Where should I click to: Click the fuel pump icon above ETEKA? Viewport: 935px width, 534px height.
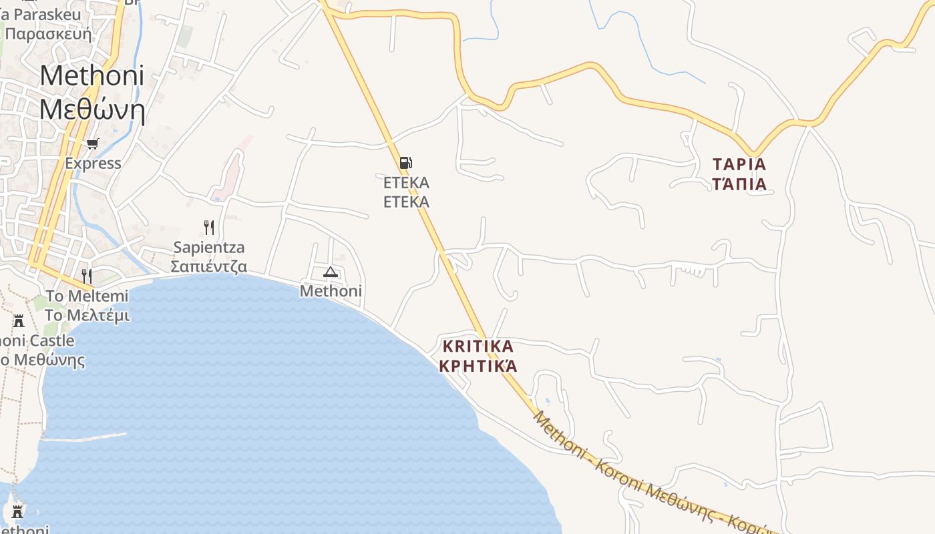(x=405, y=163)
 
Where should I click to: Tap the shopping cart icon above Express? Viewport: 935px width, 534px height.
(x=93, y=144)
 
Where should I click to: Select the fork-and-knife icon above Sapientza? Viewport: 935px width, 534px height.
(x=209, y=228)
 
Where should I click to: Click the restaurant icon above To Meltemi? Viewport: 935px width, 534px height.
(x=87, y=275)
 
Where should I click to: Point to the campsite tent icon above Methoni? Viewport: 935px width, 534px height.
(x=331, y=272)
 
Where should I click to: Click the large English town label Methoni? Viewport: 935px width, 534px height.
(x=91, y=75)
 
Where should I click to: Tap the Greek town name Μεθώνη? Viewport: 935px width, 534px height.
(x=91, y=109)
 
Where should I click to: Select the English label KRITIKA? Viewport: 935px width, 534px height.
(x=478, y=346)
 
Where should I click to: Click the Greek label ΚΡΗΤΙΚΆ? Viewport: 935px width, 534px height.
(x=478, y=366)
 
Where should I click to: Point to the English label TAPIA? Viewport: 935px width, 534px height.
(x=739, y=164)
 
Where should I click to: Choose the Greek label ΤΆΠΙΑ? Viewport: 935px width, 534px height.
(x=739, y=184)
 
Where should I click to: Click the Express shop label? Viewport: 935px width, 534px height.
(x=93, y=164)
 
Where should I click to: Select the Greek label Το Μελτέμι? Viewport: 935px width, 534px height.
(x=87, y=315)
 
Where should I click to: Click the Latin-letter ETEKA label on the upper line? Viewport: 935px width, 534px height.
(x=406, y=182)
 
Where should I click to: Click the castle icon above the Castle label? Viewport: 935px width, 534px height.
(x=19, y=321)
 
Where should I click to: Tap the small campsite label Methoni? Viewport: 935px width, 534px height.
(x=331, y=291)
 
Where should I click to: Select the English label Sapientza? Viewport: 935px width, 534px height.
(x=209, y=248)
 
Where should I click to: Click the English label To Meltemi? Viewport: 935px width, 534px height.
(x=87, y=296)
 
